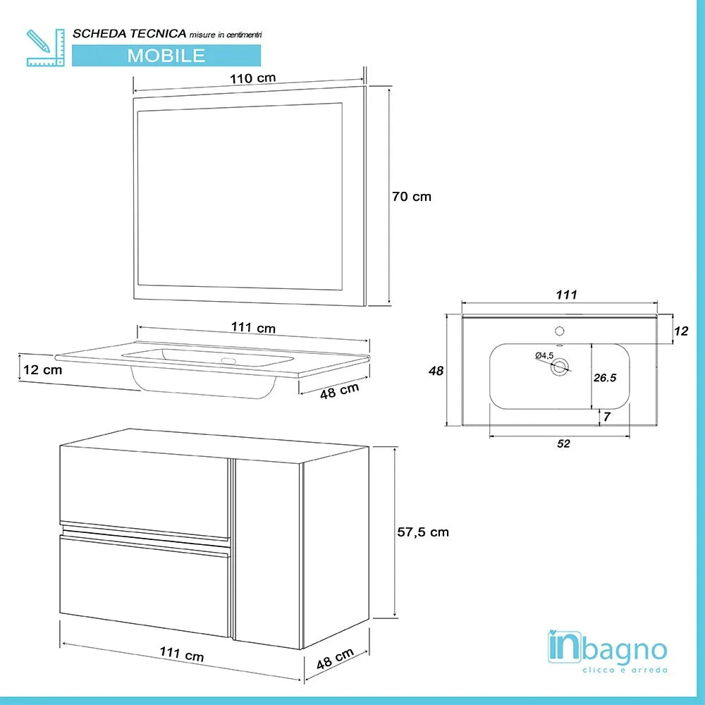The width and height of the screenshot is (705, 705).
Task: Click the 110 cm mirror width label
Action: point(252,78)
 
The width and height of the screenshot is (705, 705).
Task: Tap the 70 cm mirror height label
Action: point(411,197)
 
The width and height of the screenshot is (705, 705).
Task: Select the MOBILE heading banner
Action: point(166,55)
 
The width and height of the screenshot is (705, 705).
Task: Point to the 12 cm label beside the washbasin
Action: point(42,369)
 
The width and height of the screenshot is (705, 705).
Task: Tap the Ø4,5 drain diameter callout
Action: point(544,355)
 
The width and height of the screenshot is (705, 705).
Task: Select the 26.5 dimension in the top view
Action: point(605,378)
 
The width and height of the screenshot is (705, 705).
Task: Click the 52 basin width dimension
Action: point(563,443)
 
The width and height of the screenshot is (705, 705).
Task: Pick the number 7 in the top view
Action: point(606,417)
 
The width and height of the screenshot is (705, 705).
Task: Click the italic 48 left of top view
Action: point(436,371)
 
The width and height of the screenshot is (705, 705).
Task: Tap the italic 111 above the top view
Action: point(567,295)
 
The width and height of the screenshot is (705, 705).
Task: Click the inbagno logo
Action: point(607,651)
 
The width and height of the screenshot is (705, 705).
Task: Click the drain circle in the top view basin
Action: point(560,365)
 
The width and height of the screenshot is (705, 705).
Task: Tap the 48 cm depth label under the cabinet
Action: point(335,661)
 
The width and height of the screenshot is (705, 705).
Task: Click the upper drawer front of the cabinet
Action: point(145,489)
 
